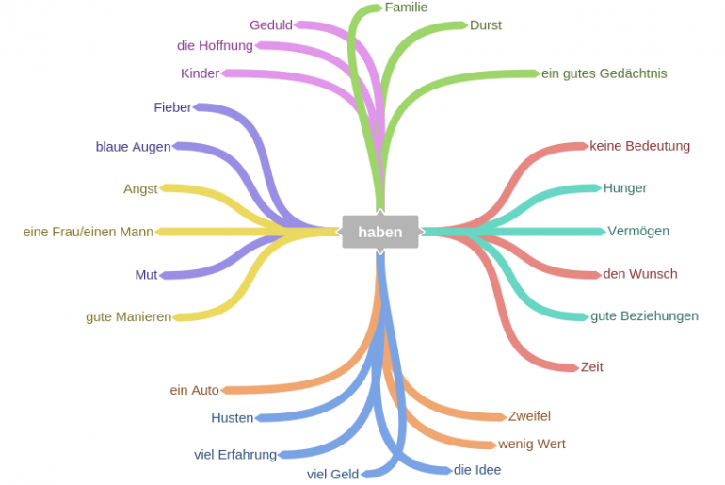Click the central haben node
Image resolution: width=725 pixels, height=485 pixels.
[379, 232]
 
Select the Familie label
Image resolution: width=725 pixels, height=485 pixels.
[406, 8]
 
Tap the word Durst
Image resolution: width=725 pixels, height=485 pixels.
[486, 25]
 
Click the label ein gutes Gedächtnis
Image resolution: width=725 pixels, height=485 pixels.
[604, 73]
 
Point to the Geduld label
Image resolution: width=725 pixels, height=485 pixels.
[271, 25]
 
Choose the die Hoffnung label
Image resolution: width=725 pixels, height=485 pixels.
[215, 45]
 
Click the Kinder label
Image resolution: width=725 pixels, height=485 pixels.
[200, 73]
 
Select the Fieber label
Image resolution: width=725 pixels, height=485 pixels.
[172, 107]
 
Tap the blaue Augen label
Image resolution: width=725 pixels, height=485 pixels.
[133, 146]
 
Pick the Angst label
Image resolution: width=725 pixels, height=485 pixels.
[140, 188]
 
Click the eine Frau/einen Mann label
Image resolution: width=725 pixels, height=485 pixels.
[89, 231]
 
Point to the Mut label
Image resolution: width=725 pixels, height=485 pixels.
[146, 275]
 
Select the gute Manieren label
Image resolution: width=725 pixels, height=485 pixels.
[128, 316]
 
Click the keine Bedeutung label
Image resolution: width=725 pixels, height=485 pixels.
[639, 146]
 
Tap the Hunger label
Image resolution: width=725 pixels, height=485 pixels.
[625, 188]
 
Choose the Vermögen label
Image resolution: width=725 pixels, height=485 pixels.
[638, 231]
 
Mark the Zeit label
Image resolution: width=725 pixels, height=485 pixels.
[592, 366]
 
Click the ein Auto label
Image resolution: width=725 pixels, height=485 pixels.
[194, 390]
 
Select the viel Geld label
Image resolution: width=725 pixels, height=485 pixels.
[332, 474]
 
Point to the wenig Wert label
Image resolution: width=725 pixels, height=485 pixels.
[532, 444]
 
